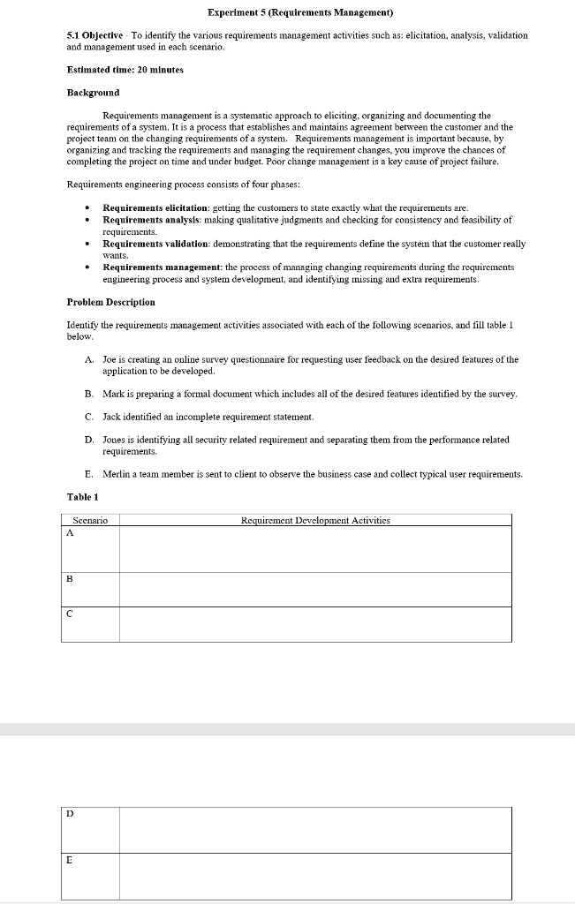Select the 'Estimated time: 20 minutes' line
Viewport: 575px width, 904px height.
coord(125,69)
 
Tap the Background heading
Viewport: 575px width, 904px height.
coord(93,92)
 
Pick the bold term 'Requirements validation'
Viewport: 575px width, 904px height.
coord(155,243)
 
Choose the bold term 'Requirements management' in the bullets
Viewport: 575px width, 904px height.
coord(162,267)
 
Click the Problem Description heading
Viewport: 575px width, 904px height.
coord(110,302)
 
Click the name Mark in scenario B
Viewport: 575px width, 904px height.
coord(112,393)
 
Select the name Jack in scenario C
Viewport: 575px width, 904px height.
coord(111,416)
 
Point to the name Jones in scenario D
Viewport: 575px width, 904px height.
coord(115,439)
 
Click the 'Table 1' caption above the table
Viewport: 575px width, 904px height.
coord(84,497)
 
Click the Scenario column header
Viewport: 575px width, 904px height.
coord(90,520)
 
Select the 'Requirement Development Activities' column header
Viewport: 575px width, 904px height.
coord(315,520)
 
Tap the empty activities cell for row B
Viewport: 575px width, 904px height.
coord(315,589)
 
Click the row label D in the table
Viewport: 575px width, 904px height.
coord(70,814)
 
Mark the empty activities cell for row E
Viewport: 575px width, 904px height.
coord(315,876)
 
